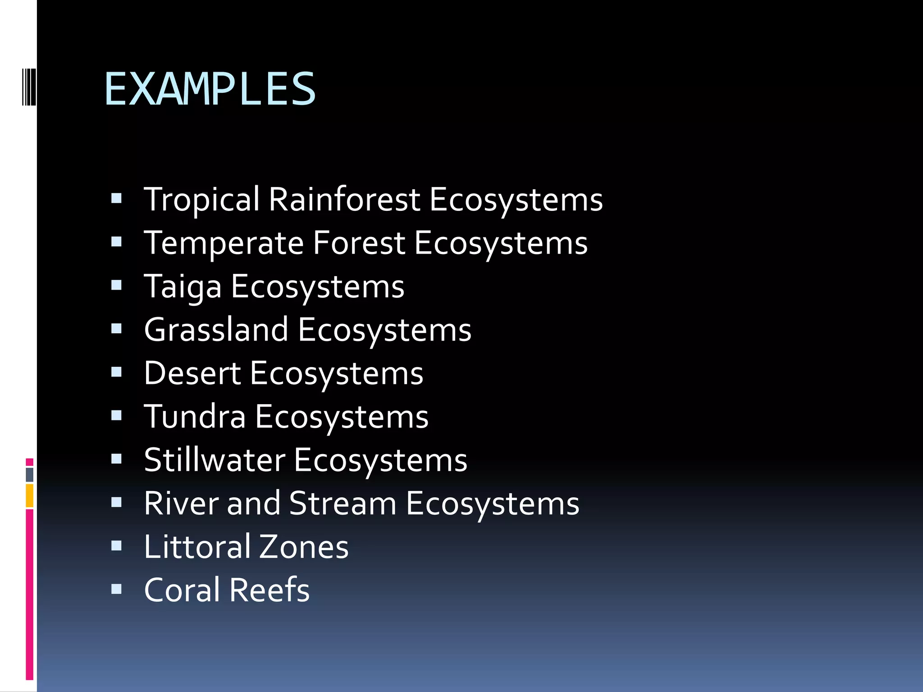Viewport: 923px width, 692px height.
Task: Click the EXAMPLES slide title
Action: pos(210,89)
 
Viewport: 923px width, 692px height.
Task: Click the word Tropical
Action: pos(201,199)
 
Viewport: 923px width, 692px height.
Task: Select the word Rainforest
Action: pos(344,199)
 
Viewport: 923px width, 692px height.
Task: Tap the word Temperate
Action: pos(224,243)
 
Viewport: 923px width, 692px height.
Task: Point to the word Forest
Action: pos(359,243)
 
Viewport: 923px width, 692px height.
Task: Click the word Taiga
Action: pos(183,287)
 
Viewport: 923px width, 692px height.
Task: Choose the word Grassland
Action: pos(216,330)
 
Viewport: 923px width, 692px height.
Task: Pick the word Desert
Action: pos(192,373)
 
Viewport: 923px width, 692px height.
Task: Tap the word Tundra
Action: pos(195,416)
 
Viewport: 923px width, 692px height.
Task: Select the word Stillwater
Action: pos(215,460)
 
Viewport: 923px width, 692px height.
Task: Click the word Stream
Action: pos(343,503)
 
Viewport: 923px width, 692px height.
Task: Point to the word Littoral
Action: pos(197,546)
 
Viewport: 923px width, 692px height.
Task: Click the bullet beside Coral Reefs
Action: pos(116,589)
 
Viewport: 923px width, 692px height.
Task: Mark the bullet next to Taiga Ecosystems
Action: pos(116,286)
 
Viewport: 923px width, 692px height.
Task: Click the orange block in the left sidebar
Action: pos(30,496)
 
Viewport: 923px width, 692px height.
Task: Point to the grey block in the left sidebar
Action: pos(30,475)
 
